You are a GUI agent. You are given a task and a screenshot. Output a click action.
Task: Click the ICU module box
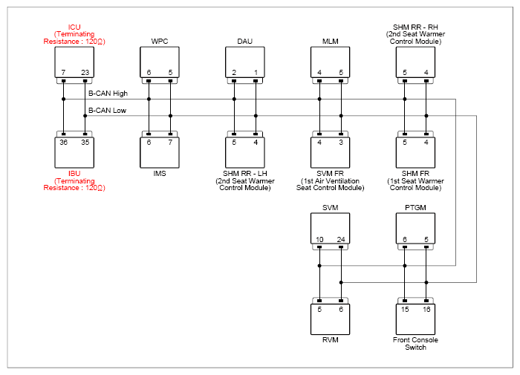(74, 62)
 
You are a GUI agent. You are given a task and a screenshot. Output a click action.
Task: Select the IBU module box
(74, 152)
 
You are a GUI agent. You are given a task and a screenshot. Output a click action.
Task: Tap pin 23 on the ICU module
(85, 72)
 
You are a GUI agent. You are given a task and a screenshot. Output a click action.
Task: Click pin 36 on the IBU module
(63, 143)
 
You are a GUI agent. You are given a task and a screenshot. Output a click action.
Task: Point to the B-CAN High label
(108, 94)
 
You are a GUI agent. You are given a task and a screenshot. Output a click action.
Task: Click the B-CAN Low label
(107, 111)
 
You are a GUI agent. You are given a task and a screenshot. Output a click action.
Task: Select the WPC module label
(160, 42)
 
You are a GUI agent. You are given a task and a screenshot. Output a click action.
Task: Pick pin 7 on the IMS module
(170, 143)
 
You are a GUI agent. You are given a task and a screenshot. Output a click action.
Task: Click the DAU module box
(245, 62)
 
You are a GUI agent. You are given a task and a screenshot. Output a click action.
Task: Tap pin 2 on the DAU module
(234, 72)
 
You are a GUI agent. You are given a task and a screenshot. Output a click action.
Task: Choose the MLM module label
(331, 42)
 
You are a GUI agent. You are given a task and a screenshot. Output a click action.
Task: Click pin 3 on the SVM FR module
(341, 143)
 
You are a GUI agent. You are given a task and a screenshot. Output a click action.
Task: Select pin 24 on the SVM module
(341, 239)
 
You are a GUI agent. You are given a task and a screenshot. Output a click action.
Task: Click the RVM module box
(331, 319)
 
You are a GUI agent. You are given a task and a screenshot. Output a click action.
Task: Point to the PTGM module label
(415, 208)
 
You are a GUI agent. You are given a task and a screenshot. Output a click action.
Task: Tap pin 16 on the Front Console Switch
(426, 310)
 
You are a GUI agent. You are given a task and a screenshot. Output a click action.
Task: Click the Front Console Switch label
(415, 344)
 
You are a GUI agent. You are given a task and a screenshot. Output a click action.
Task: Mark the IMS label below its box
(160, 174)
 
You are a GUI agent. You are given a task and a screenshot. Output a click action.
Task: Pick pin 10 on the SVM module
(319, 239)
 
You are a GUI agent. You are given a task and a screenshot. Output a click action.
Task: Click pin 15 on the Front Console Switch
(405, 310)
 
